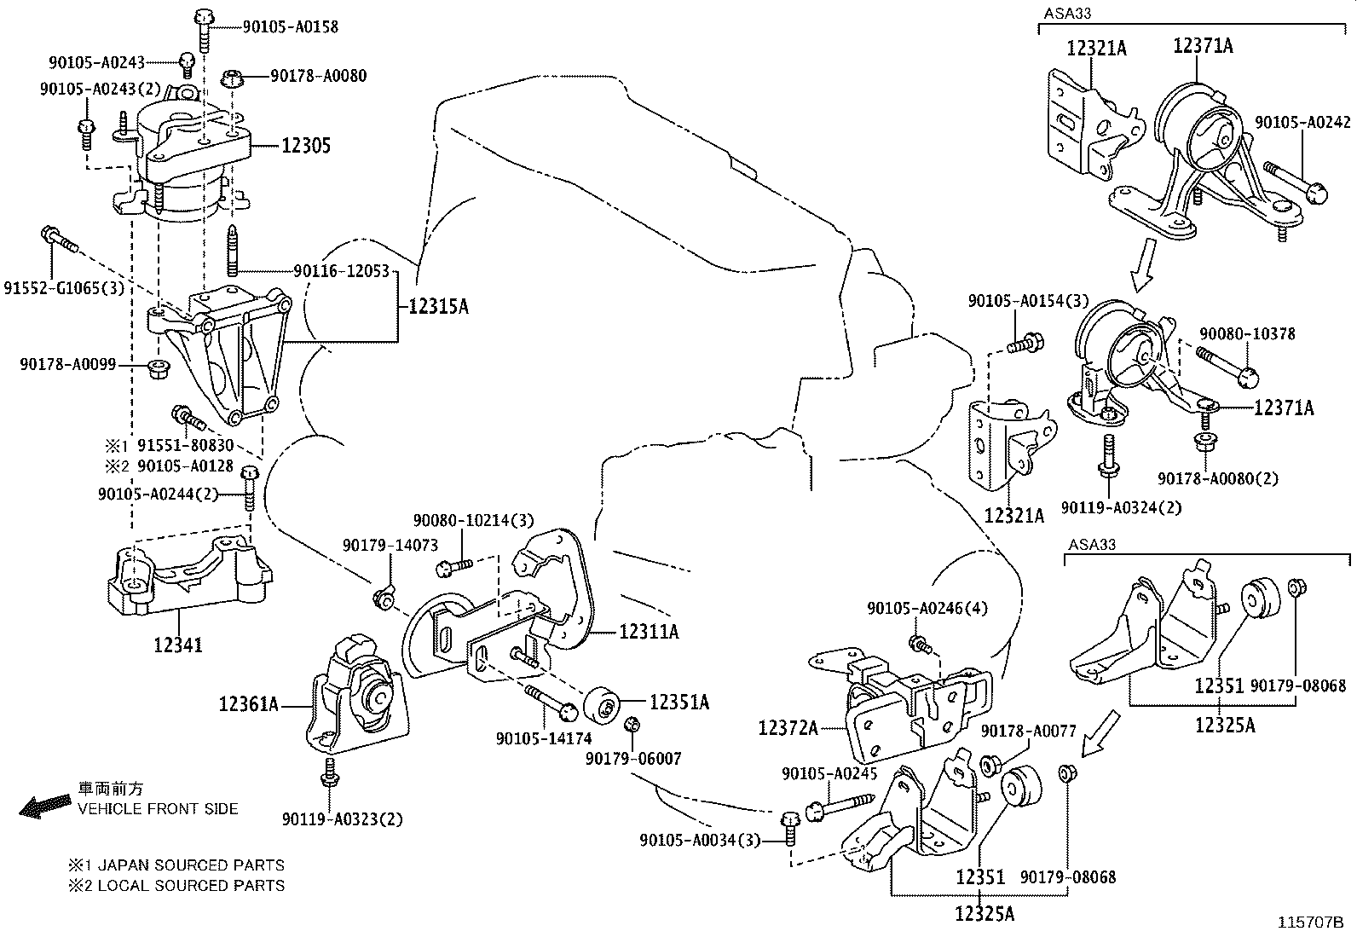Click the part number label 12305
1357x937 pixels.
click(306, 146)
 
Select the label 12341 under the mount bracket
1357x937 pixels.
click(178, 645)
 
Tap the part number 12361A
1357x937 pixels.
click(249, 705)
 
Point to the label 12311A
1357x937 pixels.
click(650, 632)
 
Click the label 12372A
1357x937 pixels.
click(788, 728)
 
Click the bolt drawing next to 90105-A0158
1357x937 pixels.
click(203, 27)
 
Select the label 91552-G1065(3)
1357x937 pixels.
click(64, 288)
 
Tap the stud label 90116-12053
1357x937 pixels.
click(340, 271)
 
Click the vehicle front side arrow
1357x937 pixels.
click(44, 806)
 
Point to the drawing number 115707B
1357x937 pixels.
click(1309, 923)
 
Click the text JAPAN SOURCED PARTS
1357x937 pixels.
click(191, 865)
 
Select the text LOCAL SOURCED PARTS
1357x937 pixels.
click(191, 885)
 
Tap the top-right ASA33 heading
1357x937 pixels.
click(1067, 13)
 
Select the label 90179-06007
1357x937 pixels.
click(633, 757)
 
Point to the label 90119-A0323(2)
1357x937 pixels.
click(342, 819)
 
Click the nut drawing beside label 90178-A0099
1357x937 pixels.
click(158, 369)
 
